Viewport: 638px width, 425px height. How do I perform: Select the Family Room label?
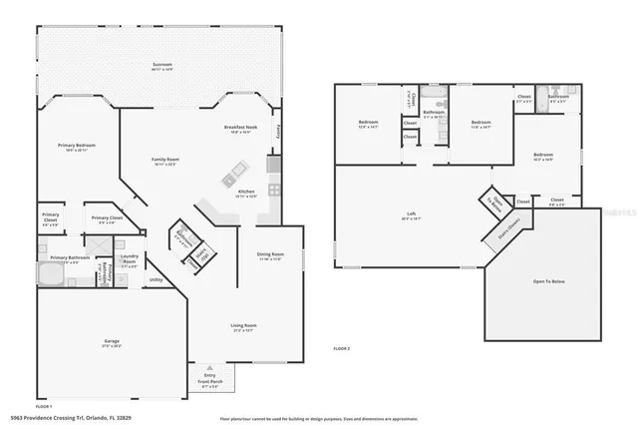pyautogui.click(x=164, y=161)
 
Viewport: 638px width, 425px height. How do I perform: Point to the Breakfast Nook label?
pyautogui.click(x=242, y=130)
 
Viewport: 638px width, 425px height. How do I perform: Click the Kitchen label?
pyautogui.click(x=246, y=194)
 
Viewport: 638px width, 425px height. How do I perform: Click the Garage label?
pyautogui.click(x=112, y=343)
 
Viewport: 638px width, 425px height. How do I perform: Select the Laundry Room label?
pyautogui.click(x=130, y=262)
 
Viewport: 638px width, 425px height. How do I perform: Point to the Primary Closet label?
pyautogui.click(x=108, y=219)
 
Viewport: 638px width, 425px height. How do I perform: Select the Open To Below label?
pyautogui.click(x=543, y=282)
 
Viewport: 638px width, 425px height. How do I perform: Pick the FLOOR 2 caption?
pyautogui.click(x=343, y=348)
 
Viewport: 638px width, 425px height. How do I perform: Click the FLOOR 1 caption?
pyautogui.click(x=44, y=407)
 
